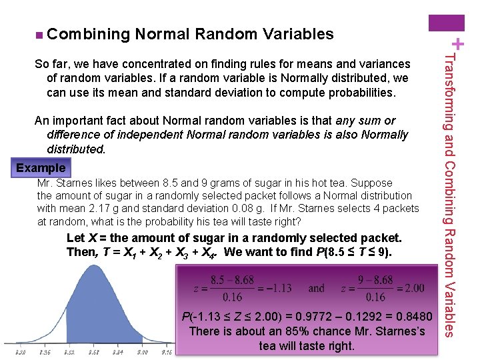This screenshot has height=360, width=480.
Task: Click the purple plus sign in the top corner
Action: (x=459, y=45)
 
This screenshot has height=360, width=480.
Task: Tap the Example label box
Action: (x=41, y=168)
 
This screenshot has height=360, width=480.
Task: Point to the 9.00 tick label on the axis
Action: (x=143, y=351)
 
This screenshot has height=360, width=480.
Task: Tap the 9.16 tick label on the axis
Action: (x=167, y=351)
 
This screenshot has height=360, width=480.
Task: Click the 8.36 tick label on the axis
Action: (x=45, y=351)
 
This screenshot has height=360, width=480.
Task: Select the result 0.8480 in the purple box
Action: (x=415, y=315)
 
